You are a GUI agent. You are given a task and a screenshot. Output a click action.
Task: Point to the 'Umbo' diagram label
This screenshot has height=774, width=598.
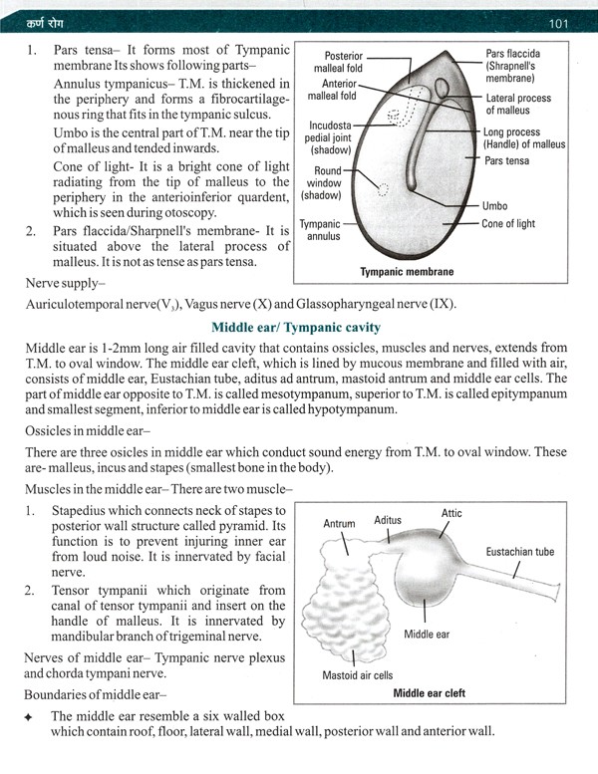click(494, 205)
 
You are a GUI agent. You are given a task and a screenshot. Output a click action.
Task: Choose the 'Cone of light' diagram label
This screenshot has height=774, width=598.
click(508, 224)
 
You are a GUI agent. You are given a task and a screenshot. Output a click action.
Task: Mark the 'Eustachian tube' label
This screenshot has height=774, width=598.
click(519, 551)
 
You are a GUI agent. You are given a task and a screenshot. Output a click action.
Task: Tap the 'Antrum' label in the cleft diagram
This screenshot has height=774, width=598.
click(340, 523)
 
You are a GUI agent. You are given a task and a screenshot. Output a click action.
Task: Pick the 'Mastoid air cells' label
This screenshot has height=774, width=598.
click(357, 675)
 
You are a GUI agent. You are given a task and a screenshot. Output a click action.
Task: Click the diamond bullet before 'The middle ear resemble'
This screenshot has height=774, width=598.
click(29, 715)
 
